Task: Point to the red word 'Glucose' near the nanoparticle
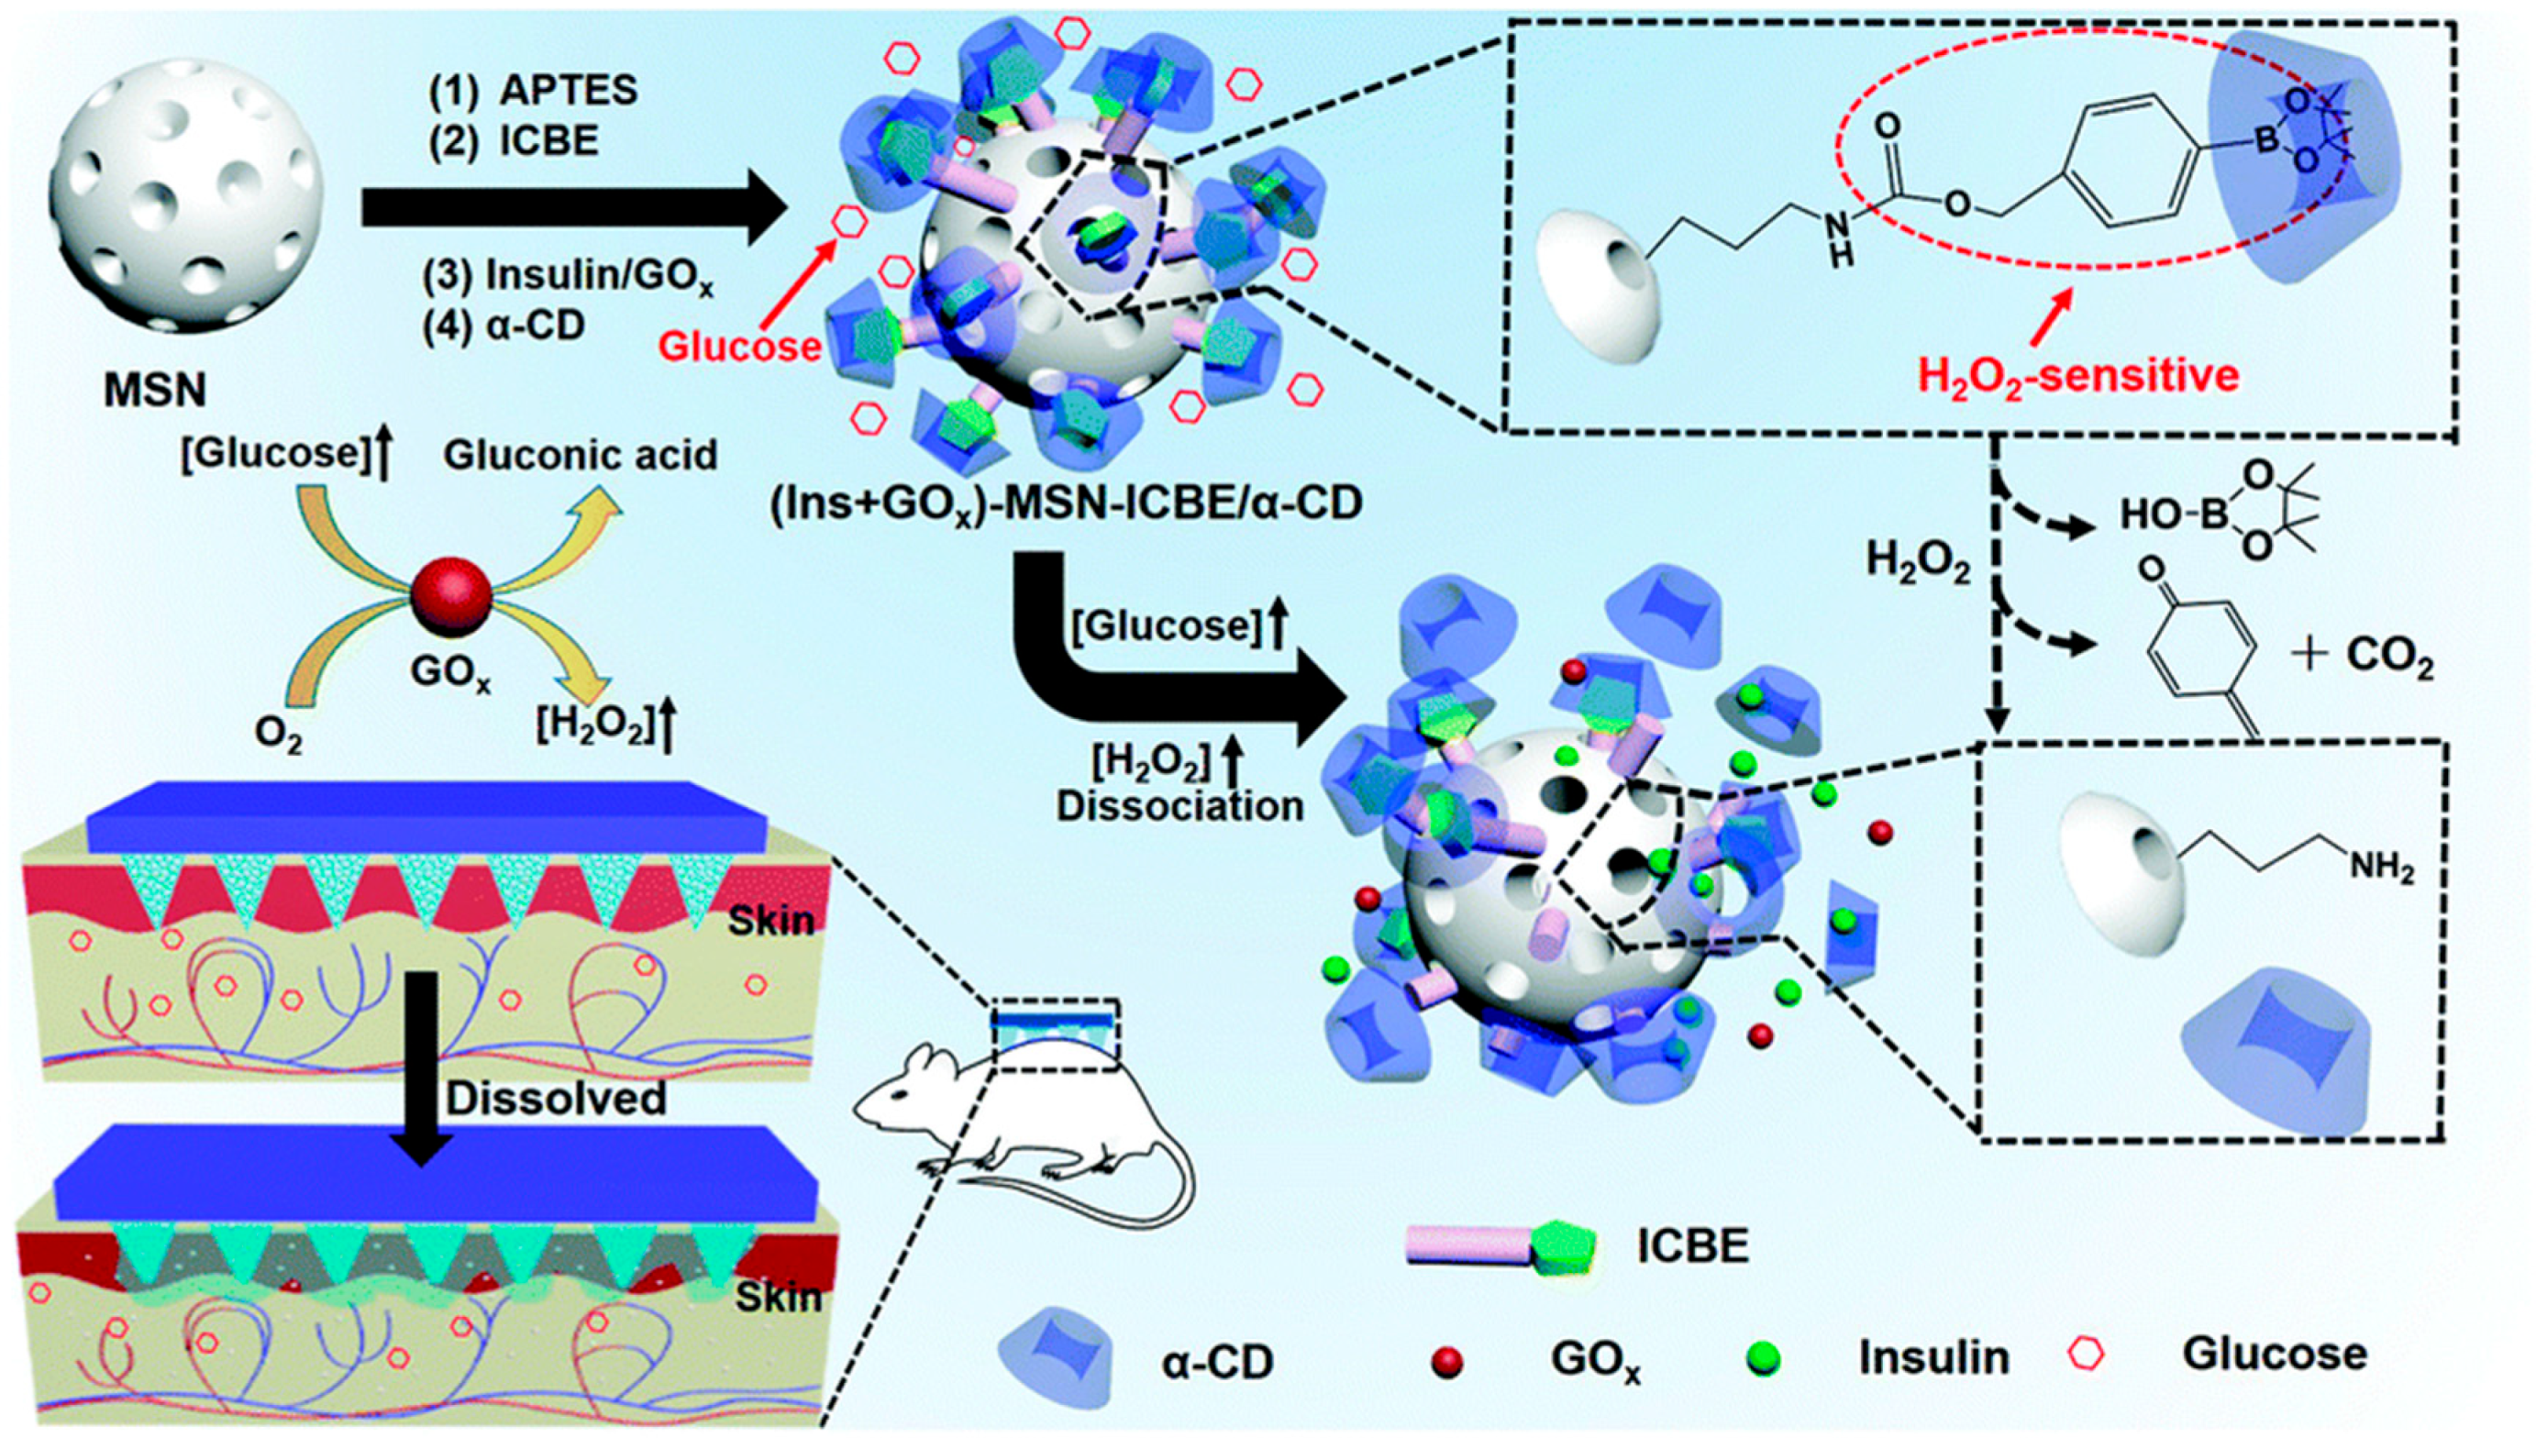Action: coord(741,347)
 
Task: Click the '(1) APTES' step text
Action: coord(532,91)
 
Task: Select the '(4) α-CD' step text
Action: coord(504,325)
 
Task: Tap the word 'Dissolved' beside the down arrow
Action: coord(556,1099)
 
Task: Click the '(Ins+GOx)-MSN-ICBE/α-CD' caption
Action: coord(1066,503)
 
